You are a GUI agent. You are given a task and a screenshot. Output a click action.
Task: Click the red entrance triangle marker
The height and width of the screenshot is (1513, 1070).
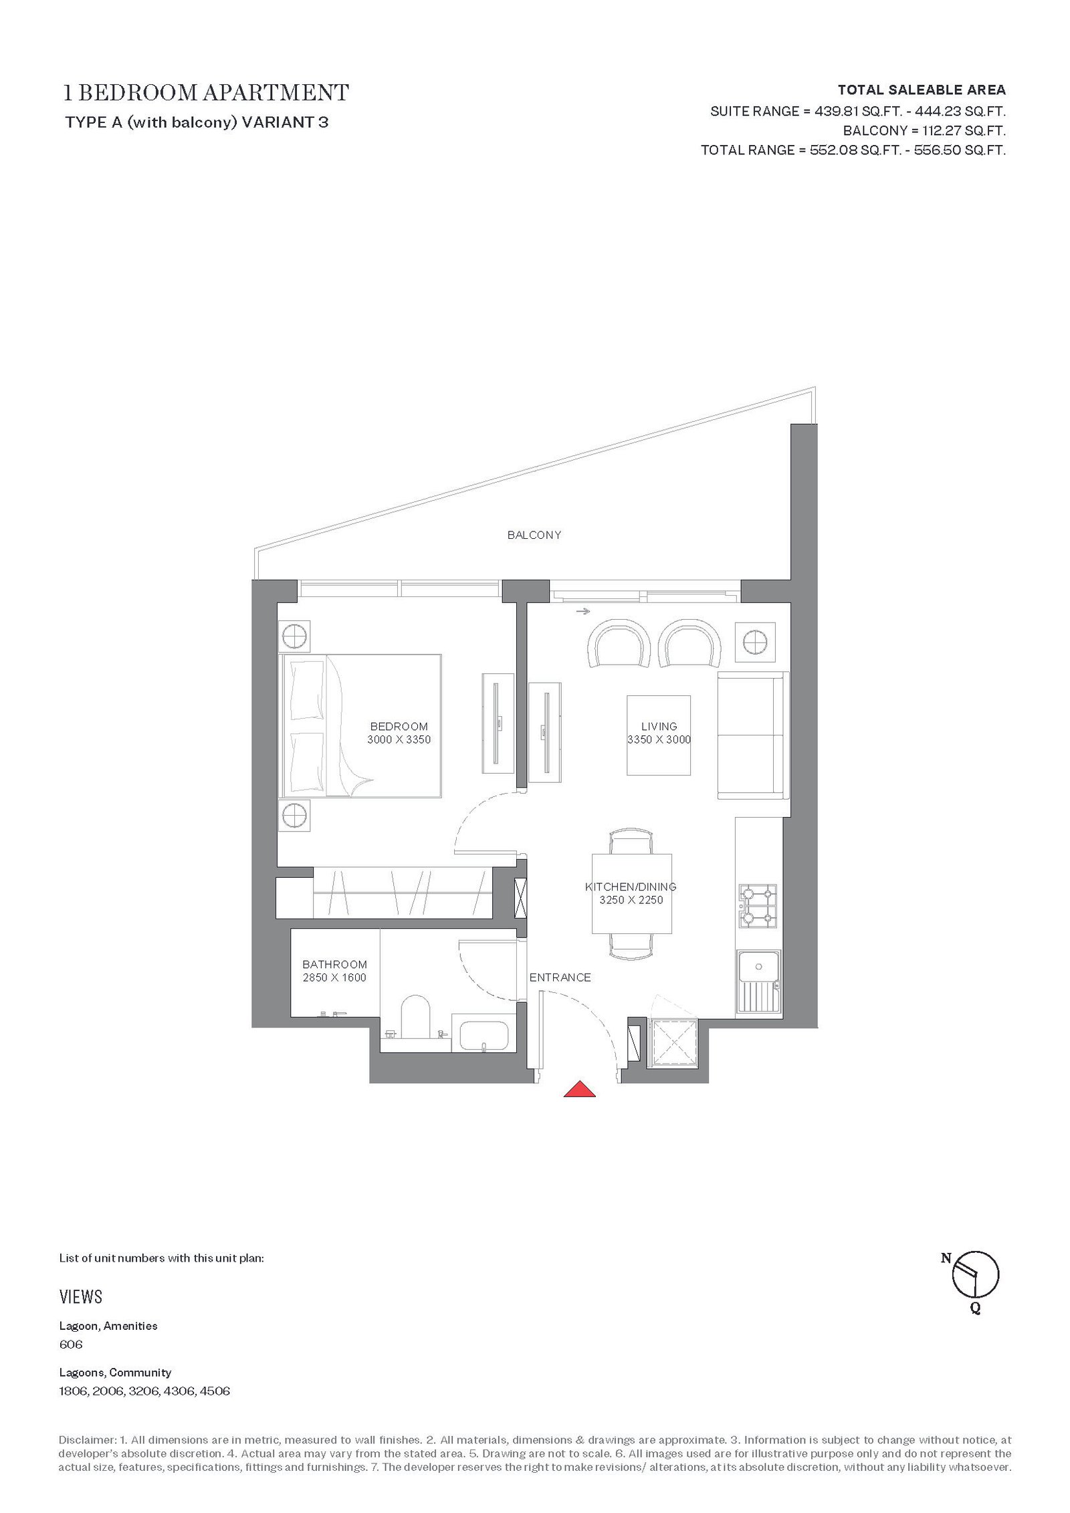pos(579,1089)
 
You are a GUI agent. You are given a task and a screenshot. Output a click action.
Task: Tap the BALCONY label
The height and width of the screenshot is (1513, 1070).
pos(534,535)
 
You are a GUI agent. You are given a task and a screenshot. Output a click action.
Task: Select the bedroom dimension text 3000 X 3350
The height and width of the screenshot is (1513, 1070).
pos(399,739)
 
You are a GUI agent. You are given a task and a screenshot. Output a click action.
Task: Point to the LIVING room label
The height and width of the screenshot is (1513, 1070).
pos(659,726)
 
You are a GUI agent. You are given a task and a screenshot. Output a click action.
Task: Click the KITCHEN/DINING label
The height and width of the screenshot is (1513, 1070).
pos(631,887)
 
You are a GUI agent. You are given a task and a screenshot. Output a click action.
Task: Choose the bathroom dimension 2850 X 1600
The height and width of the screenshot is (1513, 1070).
pos(334,977)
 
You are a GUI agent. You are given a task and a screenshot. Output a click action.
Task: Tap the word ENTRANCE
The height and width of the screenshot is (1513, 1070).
pos(560,977)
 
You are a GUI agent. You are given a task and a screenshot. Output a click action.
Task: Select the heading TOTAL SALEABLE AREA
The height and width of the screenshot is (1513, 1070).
pos(922,90)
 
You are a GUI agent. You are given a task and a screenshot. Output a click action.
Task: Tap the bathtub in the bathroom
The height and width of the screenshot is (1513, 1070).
pos(484,1036)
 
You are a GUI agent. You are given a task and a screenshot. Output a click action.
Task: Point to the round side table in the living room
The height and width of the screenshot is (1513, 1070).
pos(754,641)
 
